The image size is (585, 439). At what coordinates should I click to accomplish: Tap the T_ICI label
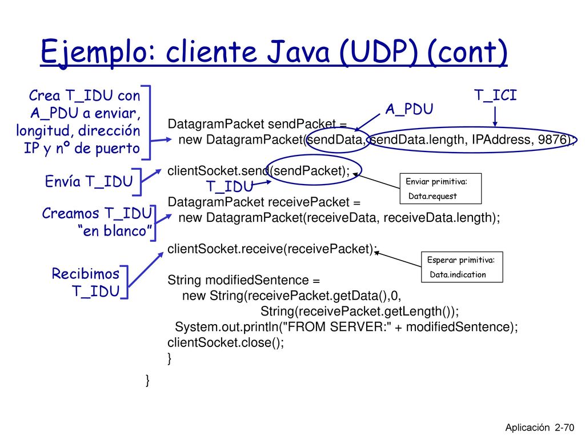(495, 95)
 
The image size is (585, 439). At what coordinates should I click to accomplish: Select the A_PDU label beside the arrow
(409, 109)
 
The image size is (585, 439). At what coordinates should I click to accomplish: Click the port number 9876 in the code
(552, 139)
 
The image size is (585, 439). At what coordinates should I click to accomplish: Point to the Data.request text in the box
(432, 196)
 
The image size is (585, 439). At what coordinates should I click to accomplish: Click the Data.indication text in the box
(458, 274)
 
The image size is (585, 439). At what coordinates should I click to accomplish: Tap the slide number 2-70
(564, 428)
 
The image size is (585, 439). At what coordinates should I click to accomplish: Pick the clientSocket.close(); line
(226, 342)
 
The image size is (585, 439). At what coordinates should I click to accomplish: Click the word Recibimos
(86, 274)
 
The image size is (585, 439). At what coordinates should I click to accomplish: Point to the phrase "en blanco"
(115, 231)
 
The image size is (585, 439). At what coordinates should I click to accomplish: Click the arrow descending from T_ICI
(495, 117)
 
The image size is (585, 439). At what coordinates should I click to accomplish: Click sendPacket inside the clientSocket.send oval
(310, 171)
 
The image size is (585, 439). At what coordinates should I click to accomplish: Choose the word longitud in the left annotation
(42, 131)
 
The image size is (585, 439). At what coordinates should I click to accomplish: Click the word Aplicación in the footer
(527, 428)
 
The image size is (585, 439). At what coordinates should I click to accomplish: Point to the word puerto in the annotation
(118, 149)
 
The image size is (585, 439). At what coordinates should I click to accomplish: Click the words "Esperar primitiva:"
(461, 260)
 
